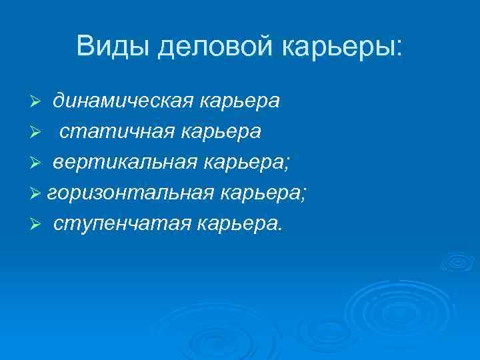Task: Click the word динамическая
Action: pyautogui.click(x=123, y=101)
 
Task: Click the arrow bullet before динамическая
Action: pyautogui.click(x=38, y=101)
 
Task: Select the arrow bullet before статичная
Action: pyautogui.click(x=38, y=132)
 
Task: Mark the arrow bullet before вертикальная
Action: pyautogui.click(x=38, y=163)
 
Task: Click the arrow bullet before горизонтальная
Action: pyautogui.click(x=38, y=193)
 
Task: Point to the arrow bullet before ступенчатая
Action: pyautogui.click(x=38, y=224)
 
